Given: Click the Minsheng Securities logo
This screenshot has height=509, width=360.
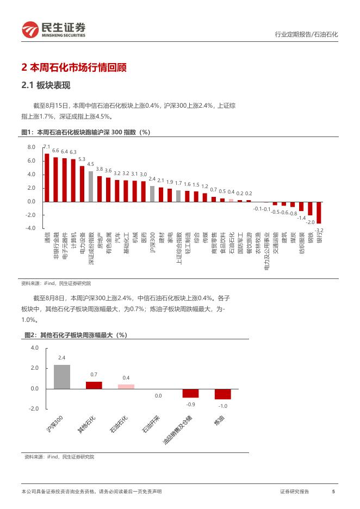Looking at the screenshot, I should (53, 30).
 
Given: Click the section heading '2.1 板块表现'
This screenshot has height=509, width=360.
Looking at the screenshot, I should (46, 85).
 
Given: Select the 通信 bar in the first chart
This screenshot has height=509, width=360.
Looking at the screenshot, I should (47, 177).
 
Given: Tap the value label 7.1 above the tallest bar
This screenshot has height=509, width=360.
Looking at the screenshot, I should (47, 147).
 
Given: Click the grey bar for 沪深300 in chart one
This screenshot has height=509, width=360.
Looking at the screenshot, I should (152, 194).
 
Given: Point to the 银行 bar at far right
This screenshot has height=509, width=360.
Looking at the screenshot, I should (319, 212).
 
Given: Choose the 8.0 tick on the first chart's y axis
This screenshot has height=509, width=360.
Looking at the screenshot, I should (31, 147).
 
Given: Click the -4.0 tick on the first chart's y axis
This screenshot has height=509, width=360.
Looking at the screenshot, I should (30, 228).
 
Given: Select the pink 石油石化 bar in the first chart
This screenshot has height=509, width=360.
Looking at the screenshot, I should (231, 200).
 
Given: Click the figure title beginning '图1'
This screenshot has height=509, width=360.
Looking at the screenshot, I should (85, 132).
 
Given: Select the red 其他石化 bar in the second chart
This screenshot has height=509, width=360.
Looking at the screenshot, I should (94, 385).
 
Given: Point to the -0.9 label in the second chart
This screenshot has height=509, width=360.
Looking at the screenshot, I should (190, 405).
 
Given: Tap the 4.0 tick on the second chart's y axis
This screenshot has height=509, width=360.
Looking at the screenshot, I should (35, 347).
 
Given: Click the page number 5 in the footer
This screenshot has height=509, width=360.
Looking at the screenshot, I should (333, 492).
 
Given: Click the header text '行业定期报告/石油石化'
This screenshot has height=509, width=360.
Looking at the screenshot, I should (306, 34).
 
